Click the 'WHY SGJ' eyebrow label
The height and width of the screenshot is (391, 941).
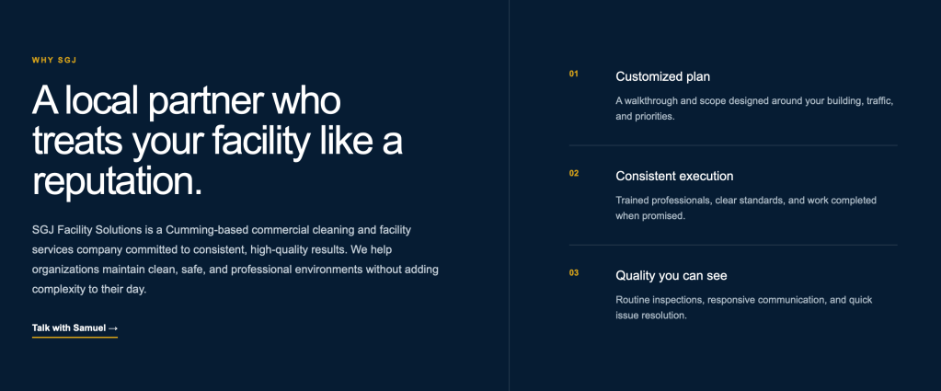click(54, 60)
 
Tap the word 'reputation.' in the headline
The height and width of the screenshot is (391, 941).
click(117, 181)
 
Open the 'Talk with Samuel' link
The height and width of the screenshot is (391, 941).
click(75, 328)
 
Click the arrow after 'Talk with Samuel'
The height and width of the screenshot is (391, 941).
click(113, 328)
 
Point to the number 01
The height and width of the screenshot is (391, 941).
click(574, 74)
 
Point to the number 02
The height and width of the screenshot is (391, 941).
click(574, 174)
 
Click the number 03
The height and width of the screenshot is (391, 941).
click(574, 273)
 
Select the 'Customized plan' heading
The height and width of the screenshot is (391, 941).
click(662, 77)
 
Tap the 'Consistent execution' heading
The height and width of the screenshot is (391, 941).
click(674, 177)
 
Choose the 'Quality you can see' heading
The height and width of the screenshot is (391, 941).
click(671, 276)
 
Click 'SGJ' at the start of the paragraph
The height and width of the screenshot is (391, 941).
click(42, 230)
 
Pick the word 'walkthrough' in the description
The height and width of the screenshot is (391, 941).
click(651, 101)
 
